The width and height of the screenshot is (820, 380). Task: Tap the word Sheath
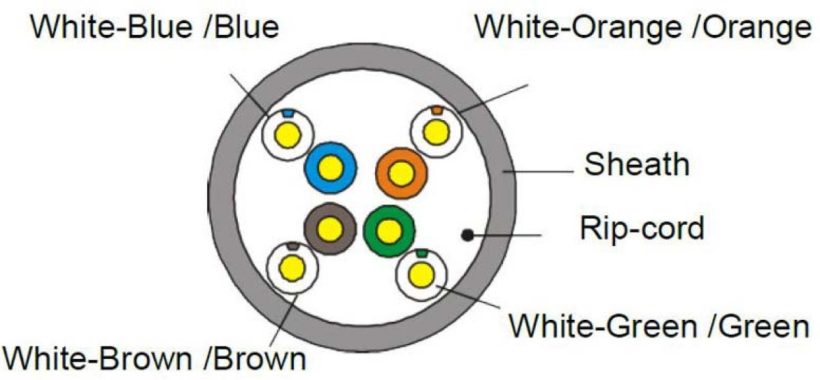636,165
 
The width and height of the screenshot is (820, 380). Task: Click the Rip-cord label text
642,228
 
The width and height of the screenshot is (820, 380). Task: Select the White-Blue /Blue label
155,27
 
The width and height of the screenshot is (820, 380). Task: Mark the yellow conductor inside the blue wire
331,167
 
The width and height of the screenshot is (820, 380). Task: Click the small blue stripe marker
288,112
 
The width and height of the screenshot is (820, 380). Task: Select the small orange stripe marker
437,110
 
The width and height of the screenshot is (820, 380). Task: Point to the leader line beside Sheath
539,168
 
